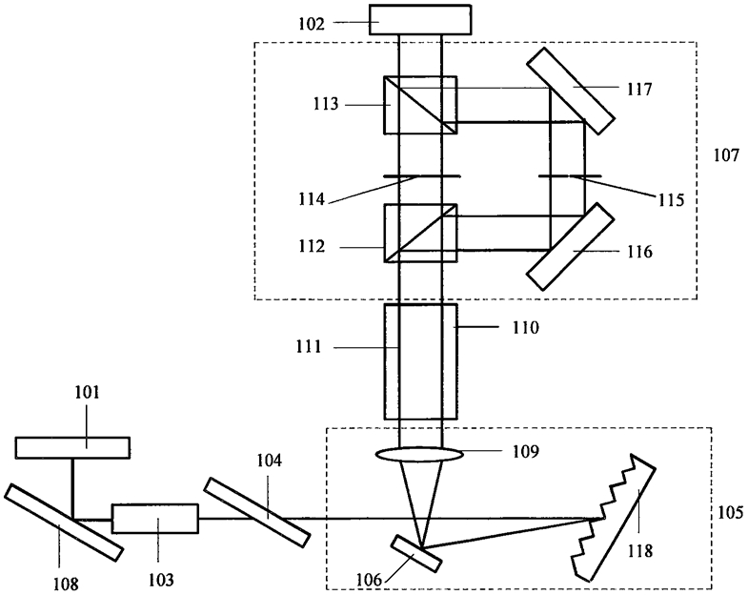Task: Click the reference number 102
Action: pyautogui.click(x=312, y=24)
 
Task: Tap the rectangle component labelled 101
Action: pyautogui.click(x=72, y=447)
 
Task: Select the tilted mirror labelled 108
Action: pyautogui.click(x=64, y=522)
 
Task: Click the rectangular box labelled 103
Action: pyautogui.click(x=155, y=518)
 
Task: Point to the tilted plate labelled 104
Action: pyautogui.click(x=256, y=512)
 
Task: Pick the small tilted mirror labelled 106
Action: pyautogui.click(x=416, y=553)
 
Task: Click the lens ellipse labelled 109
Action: pyautogui.click(x=419, y=454)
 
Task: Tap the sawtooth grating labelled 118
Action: pyautogui.click(x=614, y=518)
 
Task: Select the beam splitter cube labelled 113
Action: pyautogui.click(x=420, y=105)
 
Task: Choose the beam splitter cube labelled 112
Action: pyautogui.click(x=420, y=233)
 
